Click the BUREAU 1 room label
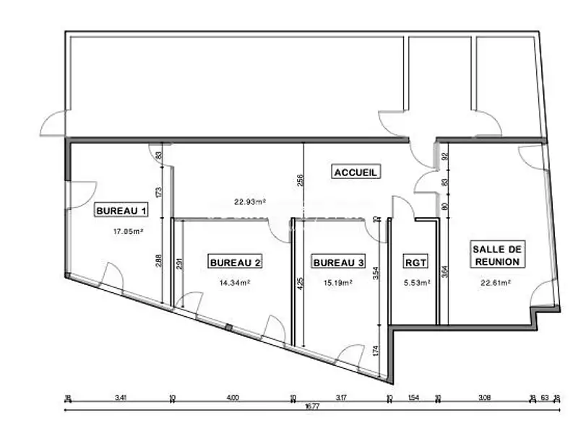click(122, 211)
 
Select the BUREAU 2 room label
click(235, 263)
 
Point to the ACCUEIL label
click(356, 172)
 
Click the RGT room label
click(415, 263)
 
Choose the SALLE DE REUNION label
click(496, 253)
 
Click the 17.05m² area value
click(129, 232)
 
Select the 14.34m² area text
click(236, 283)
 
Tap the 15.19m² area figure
click(338, 283)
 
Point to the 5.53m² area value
click(416, 283)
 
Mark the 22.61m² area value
click(496, 283)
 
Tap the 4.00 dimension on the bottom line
click(232, 396)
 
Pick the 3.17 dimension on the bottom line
click(341, 396)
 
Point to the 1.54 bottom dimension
click(414, 396)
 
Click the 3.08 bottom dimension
click(485, 396)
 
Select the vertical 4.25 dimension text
click(300, 279)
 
